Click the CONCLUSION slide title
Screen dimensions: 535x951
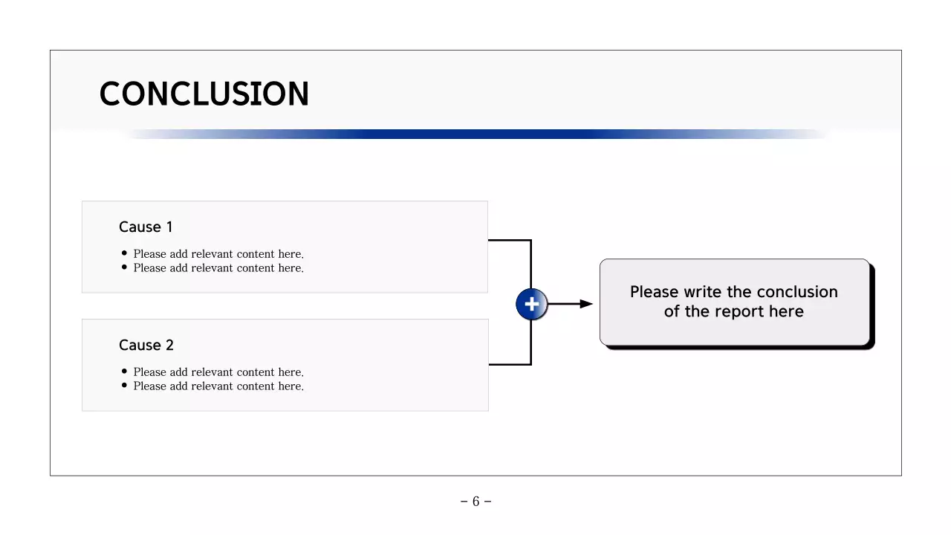pyautogui.click(x=204, y=94)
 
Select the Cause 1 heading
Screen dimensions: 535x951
pyautogui.click(x=146, y=227)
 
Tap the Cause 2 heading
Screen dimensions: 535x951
pyautogui.click(x=146, y=346)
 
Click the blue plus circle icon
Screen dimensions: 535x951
pyautogui.click(x=531, y=304)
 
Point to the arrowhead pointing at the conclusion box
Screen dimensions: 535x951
pyautogui.click(x=586, y=304)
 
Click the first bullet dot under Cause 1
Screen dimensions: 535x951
pyautogui.click(x=124, y=253)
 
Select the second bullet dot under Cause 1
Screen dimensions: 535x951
pyautogui.click(x=124, y=267)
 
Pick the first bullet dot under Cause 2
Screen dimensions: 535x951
pyautogui.click(x=124, y=372)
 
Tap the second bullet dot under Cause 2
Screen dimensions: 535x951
pyautogui.click(x=124, y=386)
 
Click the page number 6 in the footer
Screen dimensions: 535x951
pyautogui.click(x=475, y=502)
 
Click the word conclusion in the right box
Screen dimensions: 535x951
pyautogui.click(x=797, y=292)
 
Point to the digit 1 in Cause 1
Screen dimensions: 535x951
pyautogui.click(x=169, y=227)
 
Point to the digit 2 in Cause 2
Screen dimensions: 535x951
pyautogui.click(x=169, y=346)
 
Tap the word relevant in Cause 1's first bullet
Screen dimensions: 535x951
pyautogui.click(x=212, y=254)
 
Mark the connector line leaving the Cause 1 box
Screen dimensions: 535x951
pyautogui.click(x=510, y=240)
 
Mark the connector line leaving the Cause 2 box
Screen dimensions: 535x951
pyautogui.click(x=510, y=364)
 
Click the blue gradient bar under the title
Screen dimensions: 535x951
pyautogui.click(x=475, y=134)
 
